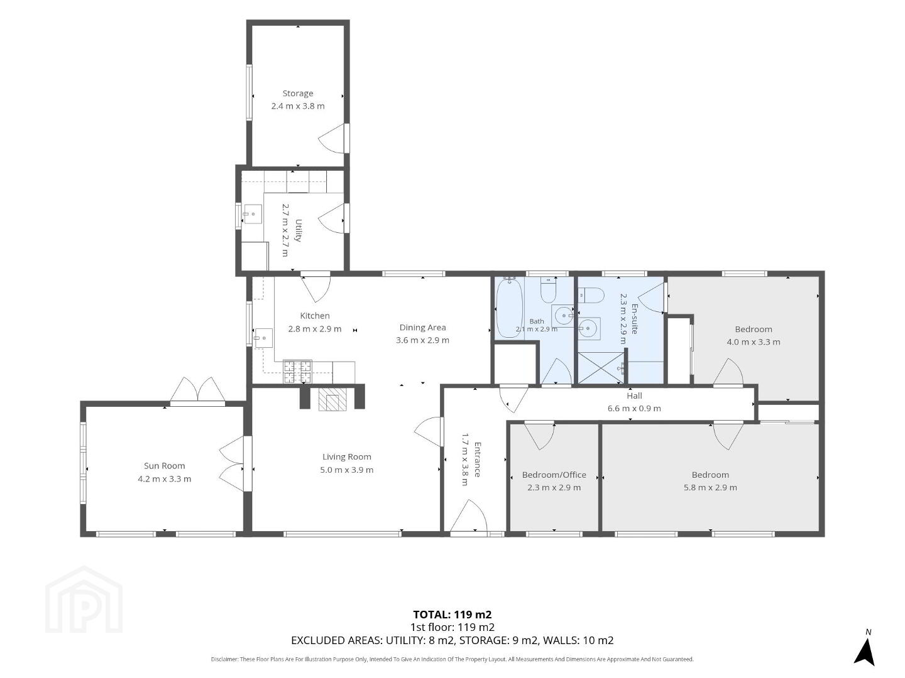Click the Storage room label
pyautogui.click(x=298, y=94)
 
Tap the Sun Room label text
pyautogui.click(x=164, y=466)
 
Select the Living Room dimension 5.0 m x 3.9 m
pyautogui.click(x=347, y=470)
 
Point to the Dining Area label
pyautogui.click(x=422, y=327)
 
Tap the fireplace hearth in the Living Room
pyautogui.click(x=332, y=399)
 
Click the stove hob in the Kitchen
pyautogui.click(x=297, y=372)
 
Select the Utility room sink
pyautogui.click(x=251, y=213)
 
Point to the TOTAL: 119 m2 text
pyautogui.click(x=452, y=615)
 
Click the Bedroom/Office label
pyautogui.click(x=554, y=475)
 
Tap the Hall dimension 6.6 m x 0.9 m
pyautogui.click(x=634, y=408)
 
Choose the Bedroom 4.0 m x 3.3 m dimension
pyautogui.click(x=754, y=342)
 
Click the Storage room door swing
pyautogui.click(x=332, y=138)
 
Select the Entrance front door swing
pyautogui.click(x=468, y=516)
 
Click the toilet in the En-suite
pyautogui.click(x=591, y=295)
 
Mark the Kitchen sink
pyautogui.click(x=263, y=338)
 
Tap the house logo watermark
pyautogui.click(x=84, y=601)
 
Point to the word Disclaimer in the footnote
pyautogui.click(x=225, y=659)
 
